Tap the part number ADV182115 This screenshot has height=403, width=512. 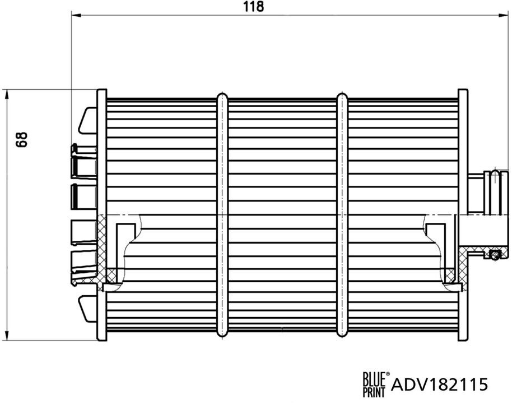pos(440,384)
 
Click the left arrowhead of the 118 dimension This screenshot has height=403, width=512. pos(75,16)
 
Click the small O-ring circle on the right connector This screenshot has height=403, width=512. pos(494,256)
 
